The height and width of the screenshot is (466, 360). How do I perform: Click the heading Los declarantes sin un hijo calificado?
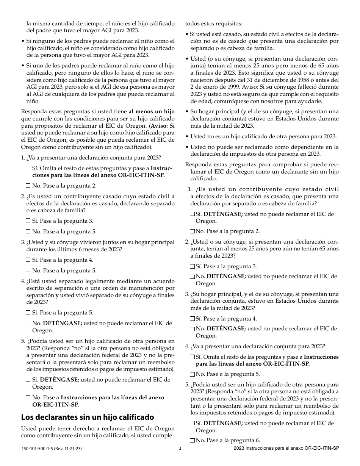87,417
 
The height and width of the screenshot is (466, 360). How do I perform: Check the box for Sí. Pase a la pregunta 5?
28,313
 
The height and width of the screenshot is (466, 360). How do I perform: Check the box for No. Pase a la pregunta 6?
192,440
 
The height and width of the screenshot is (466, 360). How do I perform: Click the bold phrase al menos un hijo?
152,111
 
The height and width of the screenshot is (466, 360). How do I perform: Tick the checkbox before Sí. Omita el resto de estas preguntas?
28,168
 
